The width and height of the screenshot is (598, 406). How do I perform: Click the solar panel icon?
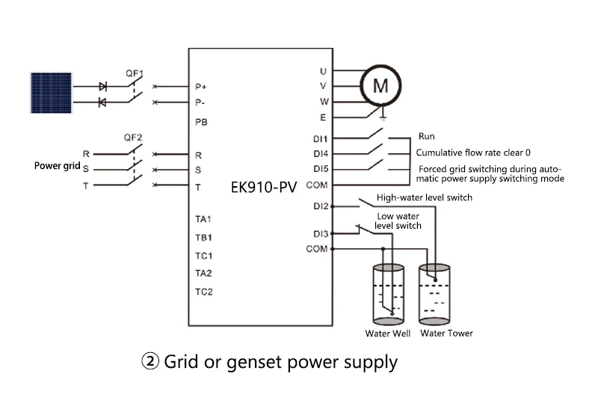pyautogui.click(x=51, y=93)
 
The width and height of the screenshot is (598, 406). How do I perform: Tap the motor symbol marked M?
pyautogui.click(x=380, y=86)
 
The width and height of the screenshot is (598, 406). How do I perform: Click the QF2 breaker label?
pyautogui.click(x=133, y=138)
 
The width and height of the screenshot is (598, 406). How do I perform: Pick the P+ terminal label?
pyautogui.click(x=200, y=86)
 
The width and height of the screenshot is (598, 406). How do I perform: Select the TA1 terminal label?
pyautogui.click(x=203, y=220)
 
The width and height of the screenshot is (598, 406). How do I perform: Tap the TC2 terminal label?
pyautogui.click(x=204, y=292)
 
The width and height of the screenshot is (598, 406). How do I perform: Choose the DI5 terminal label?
pyautogui.click(x=321, y=168)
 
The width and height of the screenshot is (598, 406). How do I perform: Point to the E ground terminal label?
pyautogui.click(x=323, y=117)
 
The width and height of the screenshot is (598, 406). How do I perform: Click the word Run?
pyautogui.click(x=426, y=137)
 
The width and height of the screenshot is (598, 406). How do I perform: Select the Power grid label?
pyautogui.click(x=55, y=165)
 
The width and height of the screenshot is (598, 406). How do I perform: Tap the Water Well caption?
pyautogui.click(x=388, y=333)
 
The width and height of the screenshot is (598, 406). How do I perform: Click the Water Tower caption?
pyautogui.click(x=446, y=333)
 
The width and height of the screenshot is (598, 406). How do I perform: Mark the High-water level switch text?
pyautogui.click(x=424, y=197)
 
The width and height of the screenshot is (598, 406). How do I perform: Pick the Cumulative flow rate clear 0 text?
pyautogui.click(x=472, y=153)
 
